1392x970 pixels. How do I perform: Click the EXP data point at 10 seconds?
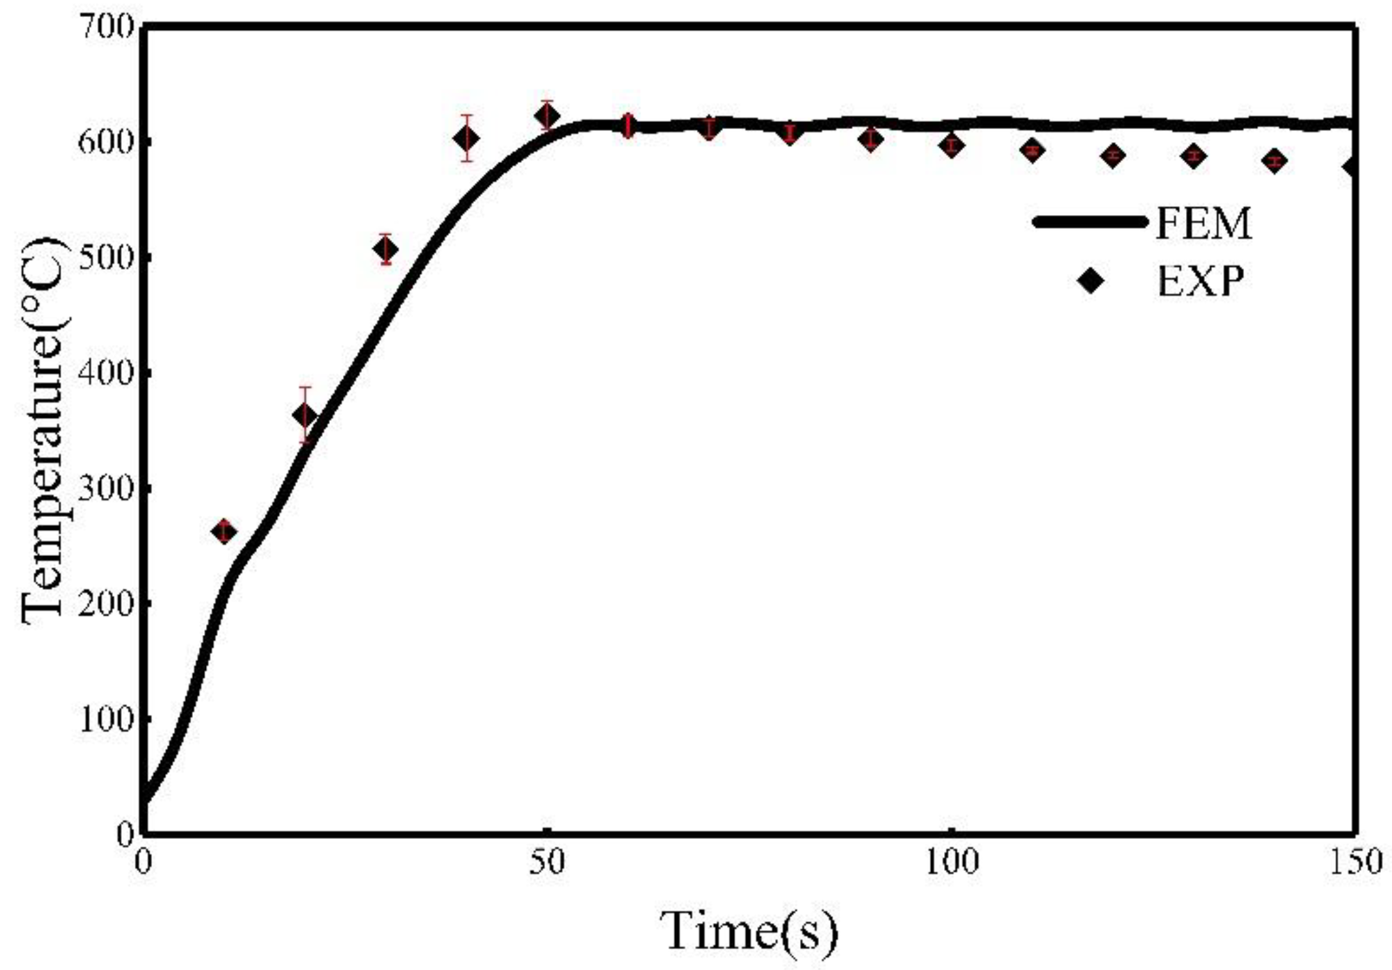coord(224,532)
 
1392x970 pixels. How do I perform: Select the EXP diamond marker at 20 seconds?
coord(305,415)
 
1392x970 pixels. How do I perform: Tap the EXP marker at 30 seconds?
coord(386,249)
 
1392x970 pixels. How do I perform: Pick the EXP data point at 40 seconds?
coord(467,138)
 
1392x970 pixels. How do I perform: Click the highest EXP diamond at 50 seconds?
coord(548,116)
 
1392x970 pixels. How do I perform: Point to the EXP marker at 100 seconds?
coord(951,145)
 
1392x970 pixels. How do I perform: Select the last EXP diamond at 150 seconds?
coord(1351,168)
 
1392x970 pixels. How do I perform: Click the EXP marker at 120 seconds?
coord(1113,155)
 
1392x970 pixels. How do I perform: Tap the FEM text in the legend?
coord(1204,224)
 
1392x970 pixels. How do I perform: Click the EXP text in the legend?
coord(1200,282)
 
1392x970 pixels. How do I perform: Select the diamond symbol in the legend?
coord(1091,282)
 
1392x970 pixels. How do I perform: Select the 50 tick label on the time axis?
coord(546,862)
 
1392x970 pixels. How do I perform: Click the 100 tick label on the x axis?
coord(951,862)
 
